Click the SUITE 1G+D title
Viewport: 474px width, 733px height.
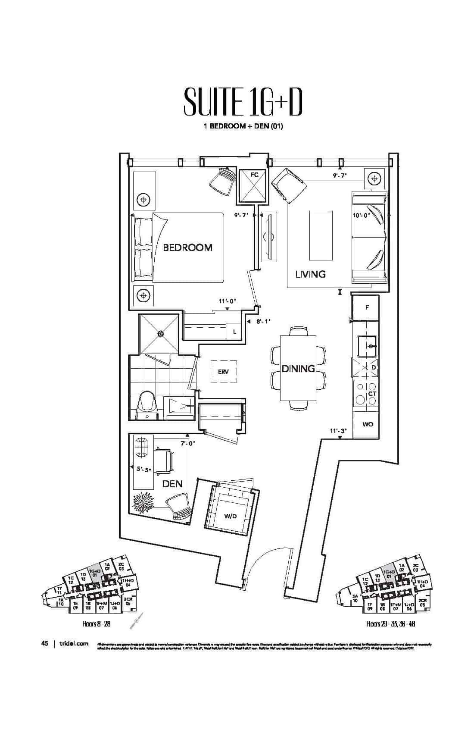(243, 102)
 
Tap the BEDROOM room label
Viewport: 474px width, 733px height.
(187, 247)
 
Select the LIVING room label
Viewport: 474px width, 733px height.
(310, 274)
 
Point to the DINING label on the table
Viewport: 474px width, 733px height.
(298, 369)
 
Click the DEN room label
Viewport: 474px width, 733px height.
(172, 484)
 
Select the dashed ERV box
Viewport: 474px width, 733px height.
(223, 371)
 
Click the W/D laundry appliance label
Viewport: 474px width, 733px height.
(230, 516)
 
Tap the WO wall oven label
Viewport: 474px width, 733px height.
(368, 424)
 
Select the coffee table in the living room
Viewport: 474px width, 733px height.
(321, 235)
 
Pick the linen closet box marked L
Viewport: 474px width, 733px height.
(234, 332)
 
